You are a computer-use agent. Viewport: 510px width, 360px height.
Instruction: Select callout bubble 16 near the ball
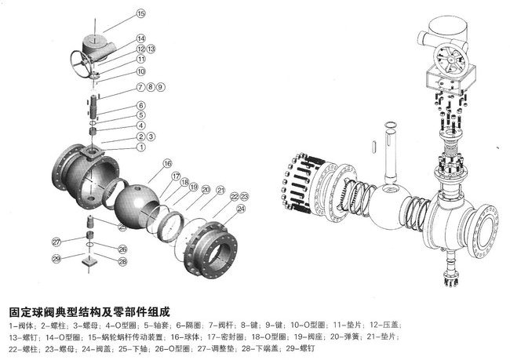pyautogui.click(x=167, y=163)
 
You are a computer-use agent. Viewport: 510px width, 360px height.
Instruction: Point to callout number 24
pyautogui.click(x=240, y=209)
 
